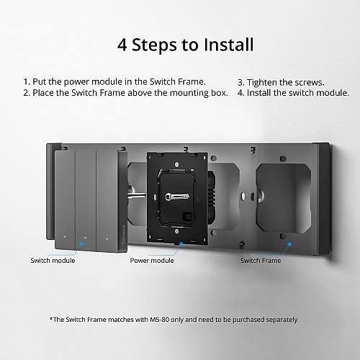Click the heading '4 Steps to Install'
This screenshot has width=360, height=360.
pos(185,45)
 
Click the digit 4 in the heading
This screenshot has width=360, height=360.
pos(122,45)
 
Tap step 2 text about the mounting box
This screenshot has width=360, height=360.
pos(125,93)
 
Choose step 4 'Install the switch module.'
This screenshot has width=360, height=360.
pos(293,93)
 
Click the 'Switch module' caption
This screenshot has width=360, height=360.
pos(53,260)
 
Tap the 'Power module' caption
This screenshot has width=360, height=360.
pos(152,260)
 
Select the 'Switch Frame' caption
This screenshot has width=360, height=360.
pos(261,260)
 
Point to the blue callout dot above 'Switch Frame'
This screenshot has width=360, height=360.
pos(289,244)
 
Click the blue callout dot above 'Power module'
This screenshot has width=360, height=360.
pos(179,244)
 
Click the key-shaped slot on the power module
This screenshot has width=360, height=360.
pos(175,196)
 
